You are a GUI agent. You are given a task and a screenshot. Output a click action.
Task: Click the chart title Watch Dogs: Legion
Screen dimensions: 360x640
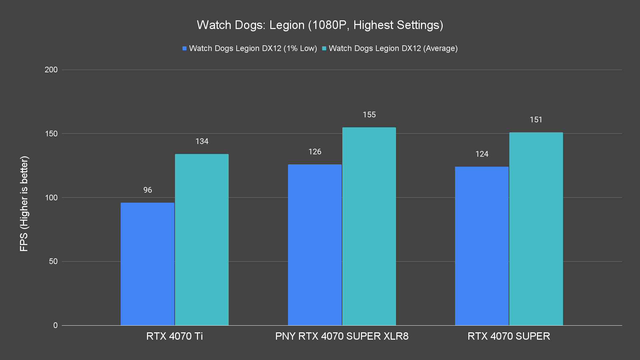coord(320,25)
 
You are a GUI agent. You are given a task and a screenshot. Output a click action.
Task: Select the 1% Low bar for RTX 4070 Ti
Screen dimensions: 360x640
coord(147,264)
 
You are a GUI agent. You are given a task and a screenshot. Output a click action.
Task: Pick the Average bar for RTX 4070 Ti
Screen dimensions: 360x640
coord(202,239)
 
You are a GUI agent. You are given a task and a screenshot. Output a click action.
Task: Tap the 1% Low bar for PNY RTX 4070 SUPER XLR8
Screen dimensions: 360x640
coord(315,245)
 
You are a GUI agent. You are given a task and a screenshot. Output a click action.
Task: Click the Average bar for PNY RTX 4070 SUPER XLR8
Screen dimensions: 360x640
coord(369,226)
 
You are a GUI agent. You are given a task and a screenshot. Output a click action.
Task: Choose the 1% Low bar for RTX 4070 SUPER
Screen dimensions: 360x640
coord(482,246)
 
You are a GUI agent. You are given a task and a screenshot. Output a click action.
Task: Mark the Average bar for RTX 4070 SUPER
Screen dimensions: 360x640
coord(536,229)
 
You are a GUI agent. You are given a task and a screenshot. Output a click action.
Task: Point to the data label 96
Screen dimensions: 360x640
coord(148,190)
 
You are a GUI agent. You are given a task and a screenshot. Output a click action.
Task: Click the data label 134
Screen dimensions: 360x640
coord(202,141)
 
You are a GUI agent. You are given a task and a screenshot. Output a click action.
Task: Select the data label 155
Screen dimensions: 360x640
coord(369,115)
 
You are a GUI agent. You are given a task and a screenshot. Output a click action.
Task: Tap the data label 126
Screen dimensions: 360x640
coord(315,152)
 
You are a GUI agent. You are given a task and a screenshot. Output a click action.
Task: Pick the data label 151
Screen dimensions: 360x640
coord(536,120)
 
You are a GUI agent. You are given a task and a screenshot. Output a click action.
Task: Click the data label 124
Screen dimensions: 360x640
coord(482,154)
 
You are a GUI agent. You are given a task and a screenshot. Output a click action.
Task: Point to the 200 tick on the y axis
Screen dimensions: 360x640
coord(51,70)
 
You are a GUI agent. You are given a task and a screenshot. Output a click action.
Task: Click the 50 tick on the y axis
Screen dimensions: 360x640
coord(53,261)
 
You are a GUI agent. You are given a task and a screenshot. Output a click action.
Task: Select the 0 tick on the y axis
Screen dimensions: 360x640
coord(55,325)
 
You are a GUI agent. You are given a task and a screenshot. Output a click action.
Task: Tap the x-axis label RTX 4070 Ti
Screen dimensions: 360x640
coord(174,336)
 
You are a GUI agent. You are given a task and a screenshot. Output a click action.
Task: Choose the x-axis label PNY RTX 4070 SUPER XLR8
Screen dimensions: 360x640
coord(342,336)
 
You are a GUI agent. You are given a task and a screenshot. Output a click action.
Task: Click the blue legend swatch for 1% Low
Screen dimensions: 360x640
coord(184,48)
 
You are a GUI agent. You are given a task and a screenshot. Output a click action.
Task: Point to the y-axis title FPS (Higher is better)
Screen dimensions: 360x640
coord(24,203)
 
